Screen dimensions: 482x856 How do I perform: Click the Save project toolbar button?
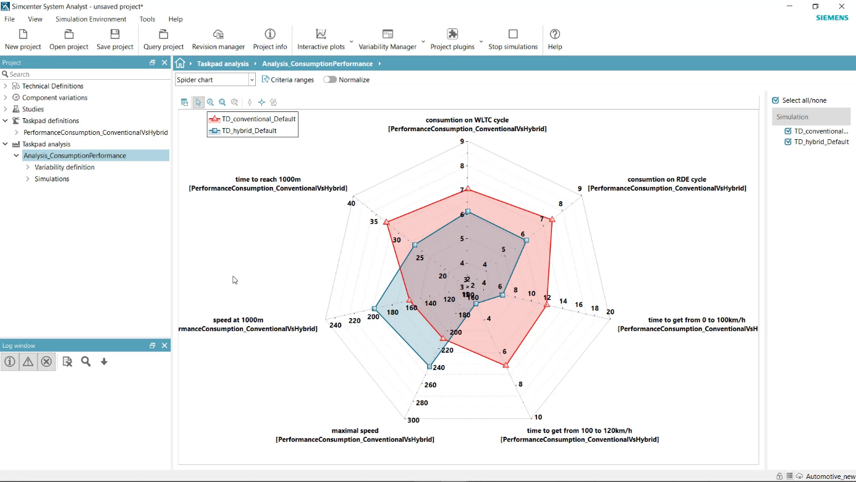pos(115,39)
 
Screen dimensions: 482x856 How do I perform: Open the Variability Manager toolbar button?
pos(388,39)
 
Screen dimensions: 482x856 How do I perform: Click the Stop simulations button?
pos(512,39)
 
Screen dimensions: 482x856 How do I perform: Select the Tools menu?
pos(147,19)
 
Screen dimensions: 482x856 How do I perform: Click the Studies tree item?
pos(33,109)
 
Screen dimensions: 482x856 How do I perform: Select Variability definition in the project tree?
pos(64,167)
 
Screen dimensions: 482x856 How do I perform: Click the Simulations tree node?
pos(52,179)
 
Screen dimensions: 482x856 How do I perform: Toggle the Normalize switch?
pos(330,80)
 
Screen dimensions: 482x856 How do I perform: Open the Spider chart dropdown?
pos(215,80)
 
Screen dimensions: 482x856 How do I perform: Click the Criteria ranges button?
pos(288,80)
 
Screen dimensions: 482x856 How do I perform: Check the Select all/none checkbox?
pos(776,100)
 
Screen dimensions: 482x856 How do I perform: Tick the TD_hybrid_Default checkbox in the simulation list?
pos(788,142)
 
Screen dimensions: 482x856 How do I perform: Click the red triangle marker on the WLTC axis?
pos(468,189)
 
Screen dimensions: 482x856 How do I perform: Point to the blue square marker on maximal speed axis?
pos(430,367)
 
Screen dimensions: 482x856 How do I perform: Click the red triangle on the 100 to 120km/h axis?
pos(506,365)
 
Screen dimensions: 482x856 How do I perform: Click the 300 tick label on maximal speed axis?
pos(413,420)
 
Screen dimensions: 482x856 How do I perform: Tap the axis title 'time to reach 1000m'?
pos(268,179)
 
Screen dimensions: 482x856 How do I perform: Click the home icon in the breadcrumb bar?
pos(180,63)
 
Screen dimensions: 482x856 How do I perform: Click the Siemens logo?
pos(832,18)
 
